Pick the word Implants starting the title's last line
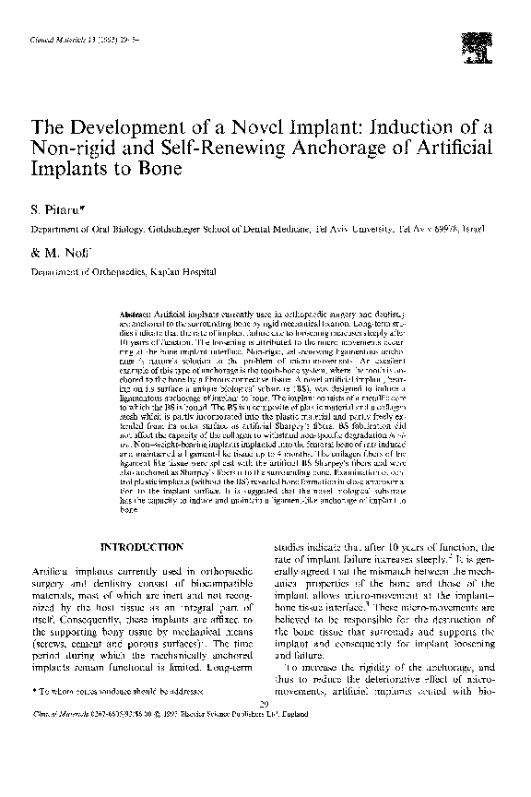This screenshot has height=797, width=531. pyautogui.click(x=65, y=171)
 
